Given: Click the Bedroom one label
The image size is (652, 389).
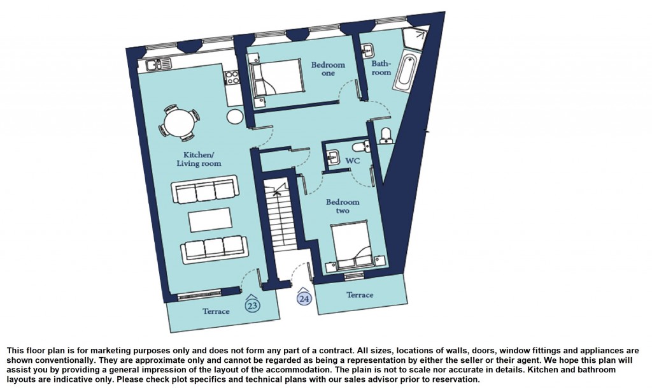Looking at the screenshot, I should (328, 69).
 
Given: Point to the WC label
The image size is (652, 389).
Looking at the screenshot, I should (353, 161).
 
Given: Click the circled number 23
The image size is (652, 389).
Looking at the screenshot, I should (252, 304).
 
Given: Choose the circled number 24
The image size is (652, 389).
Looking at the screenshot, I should (304, 297).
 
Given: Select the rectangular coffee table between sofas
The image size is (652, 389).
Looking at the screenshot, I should (208, 221).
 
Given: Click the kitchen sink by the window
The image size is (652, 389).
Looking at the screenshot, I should (157, 64).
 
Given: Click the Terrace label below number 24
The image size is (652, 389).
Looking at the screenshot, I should (360, 295).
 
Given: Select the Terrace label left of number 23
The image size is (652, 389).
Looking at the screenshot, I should (216, 311).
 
